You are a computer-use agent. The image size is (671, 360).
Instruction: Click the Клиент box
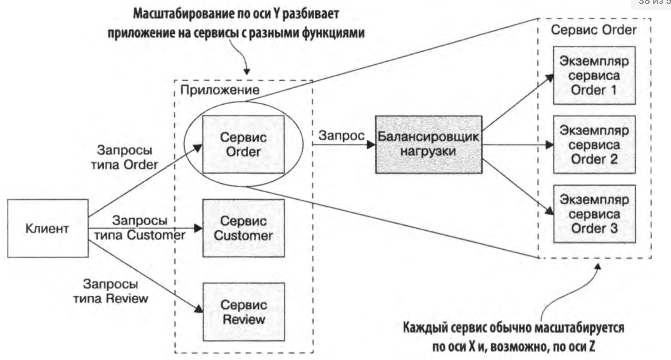[47, 228]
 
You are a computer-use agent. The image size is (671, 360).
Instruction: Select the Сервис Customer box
[243, 228]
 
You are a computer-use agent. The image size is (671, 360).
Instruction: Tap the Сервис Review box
[244, 312]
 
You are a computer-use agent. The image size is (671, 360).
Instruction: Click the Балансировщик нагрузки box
[428, 144]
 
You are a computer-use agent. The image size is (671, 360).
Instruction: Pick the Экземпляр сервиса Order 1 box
[594, 75]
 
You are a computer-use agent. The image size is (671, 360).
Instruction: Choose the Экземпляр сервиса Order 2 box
[594, 145]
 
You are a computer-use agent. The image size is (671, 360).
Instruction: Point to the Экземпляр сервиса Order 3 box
[594, 214]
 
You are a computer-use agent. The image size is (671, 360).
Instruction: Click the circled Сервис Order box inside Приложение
[243, 144]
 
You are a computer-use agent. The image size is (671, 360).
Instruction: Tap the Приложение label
[220, 90]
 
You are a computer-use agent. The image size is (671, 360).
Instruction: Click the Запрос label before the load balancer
[341, 136]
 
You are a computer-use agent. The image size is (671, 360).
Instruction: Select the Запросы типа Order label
[124, 157]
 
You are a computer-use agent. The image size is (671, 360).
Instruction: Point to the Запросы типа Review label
[111, 291]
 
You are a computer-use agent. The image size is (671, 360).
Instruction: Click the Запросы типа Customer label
[140, 228]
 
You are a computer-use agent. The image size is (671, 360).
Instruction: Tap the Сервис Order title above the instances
[594, 30]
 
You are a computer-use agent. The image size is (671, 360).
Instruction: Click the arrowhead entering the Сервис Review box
[199, 309]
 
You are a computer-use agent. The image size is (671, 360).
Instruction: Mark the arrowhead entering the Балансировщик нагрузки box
[371, 144]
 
